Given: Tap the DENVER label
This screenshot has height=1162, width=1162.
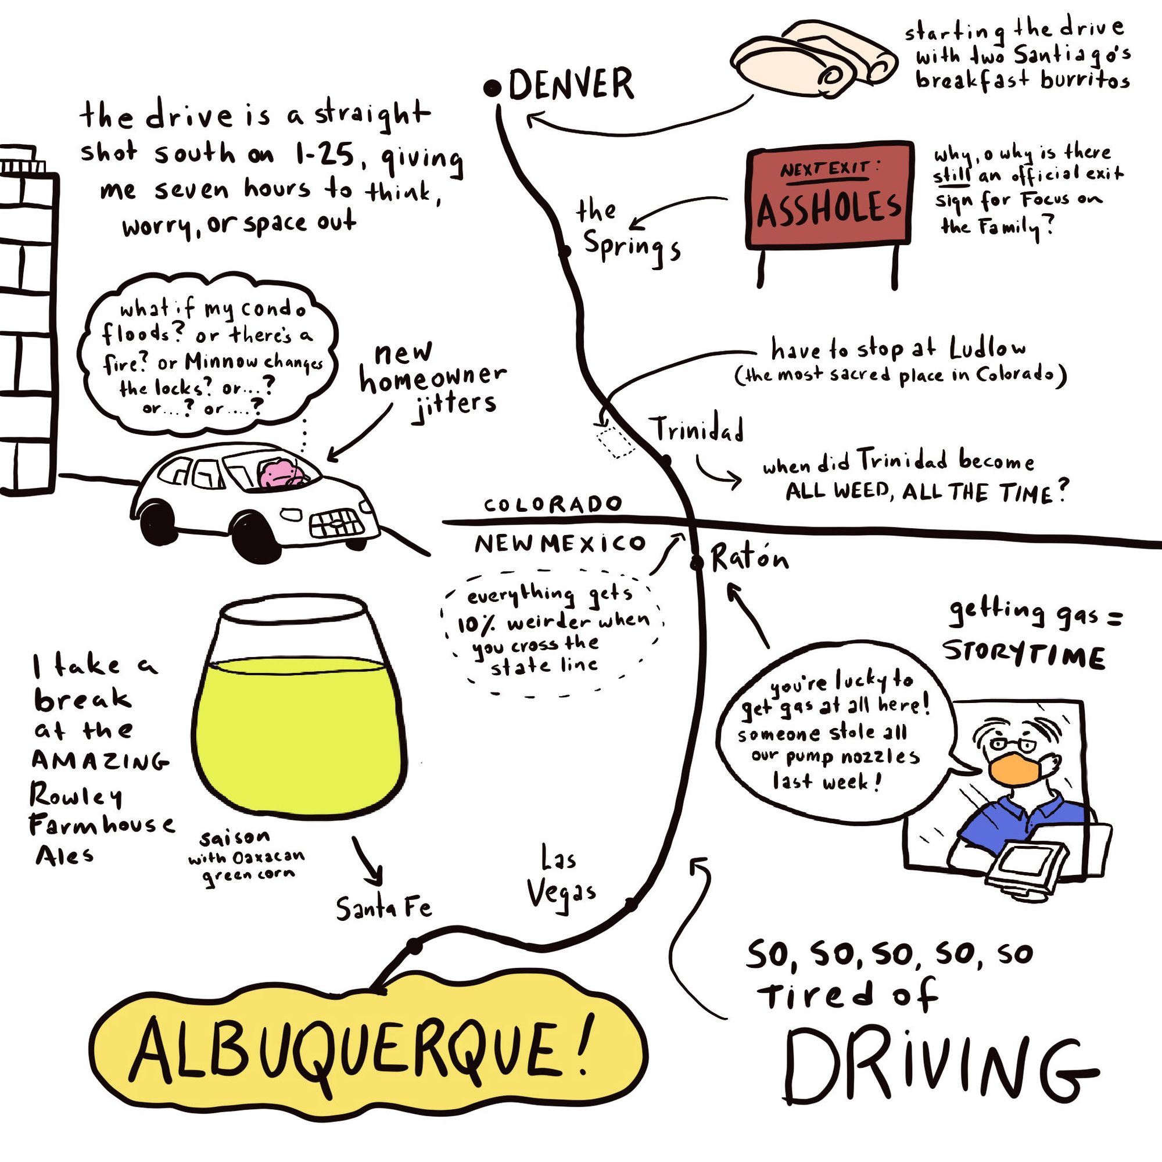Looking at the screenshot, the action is (x=571, y=84).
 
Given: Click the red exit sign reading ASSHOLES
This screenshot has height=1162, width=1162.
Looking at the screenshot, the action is (x=830, y=195).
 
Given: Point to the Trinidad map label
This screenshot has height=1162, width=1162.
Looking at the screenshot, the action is (x=698, y=429).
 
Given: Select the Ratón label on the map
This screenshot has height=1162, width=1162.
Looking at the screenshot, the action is (x=749, y=559).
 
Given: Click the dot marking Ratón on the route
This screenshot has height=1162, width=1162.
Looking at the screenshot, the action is (x=697, y=563).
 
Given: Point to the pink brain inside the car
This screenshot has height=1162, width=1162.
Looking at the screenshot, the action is (x=281, y=474).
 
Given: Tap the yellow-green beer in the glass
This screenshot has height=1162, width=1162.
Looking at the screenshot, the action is (x=299, y=734).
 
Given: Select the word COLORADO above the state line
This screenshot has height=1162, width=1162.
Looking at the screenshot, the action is (x=552, y=504).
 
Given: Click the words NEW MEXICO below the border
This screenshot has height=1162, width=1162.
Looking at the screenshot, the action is (x=560, y=544).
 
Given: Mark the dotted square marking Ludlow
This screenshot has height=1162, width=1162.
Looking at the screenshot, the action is (x=615, y=441).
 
